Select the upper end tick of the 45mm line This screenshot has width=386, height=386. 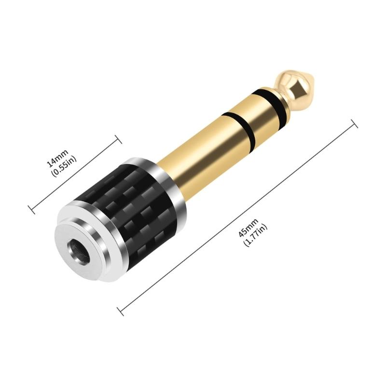354,124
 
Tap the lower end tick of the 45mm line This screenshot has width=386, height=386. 121,311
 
